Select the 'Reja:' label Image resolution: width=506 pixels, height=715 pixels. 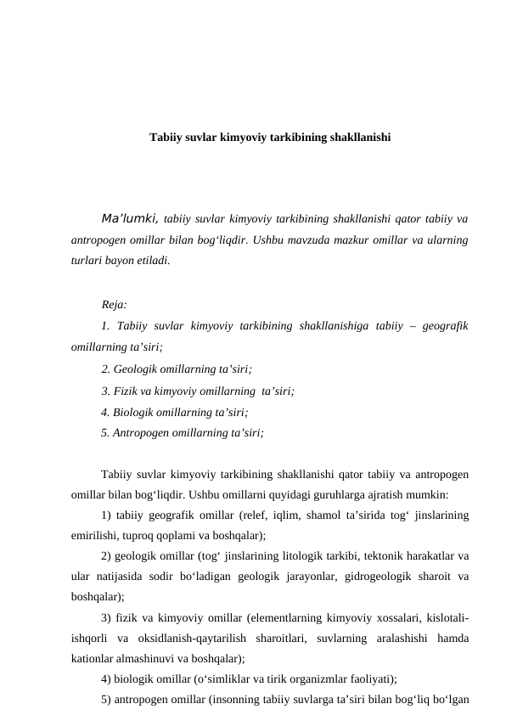pyautogui.click(x=114, y=304)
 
